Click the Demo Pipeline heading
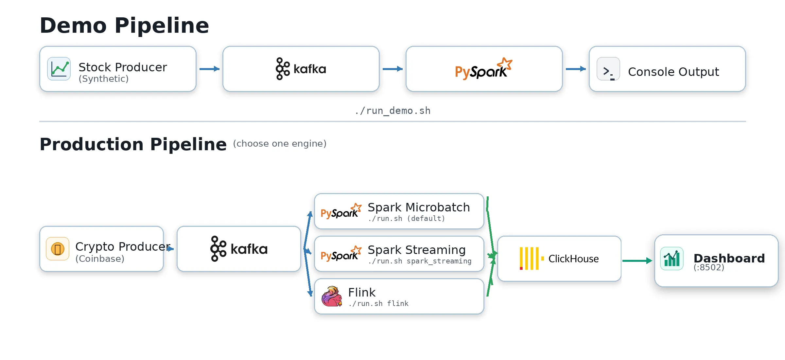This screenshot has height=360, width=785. pyautogui.click(x=124, y=26)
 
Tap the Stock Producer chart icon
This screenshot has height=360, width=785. pyautogui.click(x=59, y=69)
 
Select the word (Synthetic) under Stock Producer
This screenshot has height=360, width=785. pyautogui.click(x=103, y=79)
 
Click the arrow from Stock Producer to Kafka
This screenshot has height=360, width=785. pyautogui.click(x=209, y=69)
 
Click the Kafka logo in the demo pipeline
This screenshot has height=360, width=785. pyautogui.click(x=301, y=69)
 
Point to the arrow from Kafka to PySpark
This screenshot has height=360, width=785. pyautogui.click(x=392, y=69)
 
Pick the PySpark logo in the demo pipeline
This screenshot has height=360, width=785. pyautogui.click(x=483, y=69)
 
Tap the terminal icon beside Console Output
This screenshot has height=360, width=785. pyautogui.click(x=608, y=69)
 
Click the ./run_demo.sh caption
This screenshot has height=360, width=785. pyautogui.click(x=392, y=111)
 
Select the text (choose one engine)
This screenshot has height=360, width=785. pyautogui.click(x=280, y=144)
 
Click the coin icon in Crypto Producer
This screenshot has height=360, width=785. pyautogui.click(x=58, y=249)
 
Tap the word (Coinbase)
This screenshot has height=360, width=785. pyautogui.click(x=100, y=259)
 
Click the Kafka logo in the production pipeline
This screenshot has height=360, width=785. pyautogui.click(x=239, y=249)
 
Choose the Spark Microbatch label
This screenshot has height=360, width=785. pyautogui.click(x=419, y=207)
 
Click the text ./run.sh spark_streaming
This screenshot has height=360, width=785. pyautogui.click(x=420, y=261)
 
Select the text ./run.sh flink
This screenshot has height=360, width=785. pyautogui.click(x=378, y=304)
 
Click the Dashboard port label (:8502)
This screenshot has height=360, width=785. pyautogui.click(x=709, y=267)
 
